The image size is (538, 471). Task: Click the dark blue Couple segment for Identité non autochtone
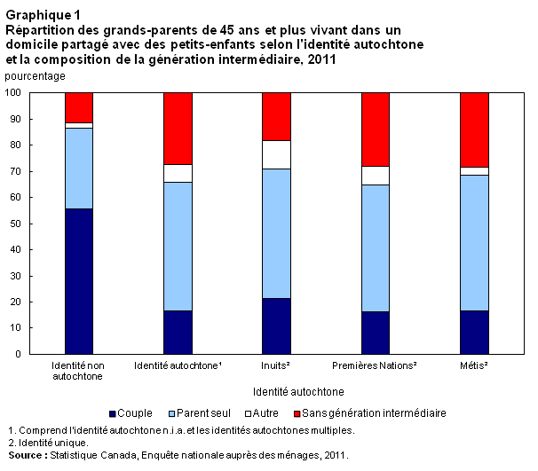pyautogui.click(x=79, y=281)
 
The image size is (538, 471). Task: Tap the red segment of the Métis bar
pyautogui.click(x=474, y=130)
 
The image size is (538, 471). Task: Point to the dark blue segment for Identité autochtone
pyautogui.click(x=178, y=332)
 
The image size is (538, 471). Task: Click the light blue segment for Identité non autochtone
pyautogui.click(x=79, y=169)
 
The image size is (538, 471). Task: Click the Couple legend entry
pyautogui.click(x=131, y=413)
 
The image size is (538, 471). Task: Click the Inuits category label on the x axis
pyautogui.click(x=276, y=365)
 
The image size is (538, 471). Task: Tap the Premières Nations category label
pyautogui.click(x=375, y=365)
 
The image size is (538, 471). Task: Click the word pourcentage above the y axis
pyautogui.click(x=35, y=76)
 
